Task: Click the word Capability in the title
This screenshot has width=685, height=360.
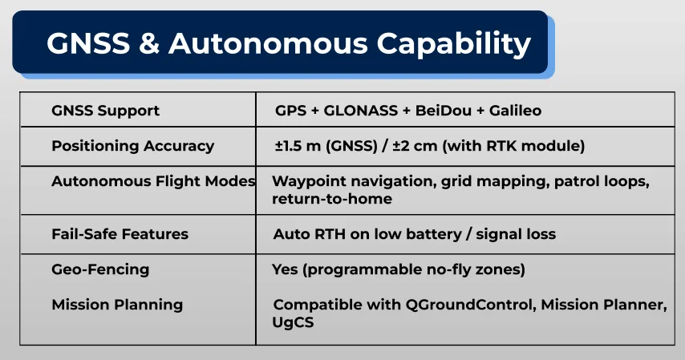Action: pyautogui.click(x=454, y=44)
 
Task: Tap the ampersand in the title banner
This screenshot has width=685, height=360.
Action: pyautogui.click(x=149, y=43)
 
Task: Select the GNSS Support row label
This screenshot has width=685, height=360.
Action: pyautogui.click(x=105, y=111)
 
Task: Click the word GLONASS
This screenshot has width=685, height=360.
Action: pyautogui.click(x=360, y=111)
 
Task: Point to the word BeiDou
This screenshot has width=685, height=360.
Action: pyautogui.click(x=444, y=111)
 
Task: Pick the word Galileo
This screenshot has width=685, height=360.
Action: pyautogui.click(x=515, y=111)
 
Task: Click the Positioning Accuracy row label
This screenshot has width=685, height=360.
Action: pyautogui.click(x=133, y=146)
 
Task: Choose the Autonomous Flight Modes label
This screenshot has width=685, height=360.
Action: pyautogui.click(x=153, y=181)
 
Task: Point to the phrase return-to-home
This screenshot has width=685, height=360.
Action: pyautogui.click(x=332, y=199)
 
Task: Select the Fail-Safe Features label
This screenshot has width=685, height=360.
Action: pyautogui.click(x=120, y=234)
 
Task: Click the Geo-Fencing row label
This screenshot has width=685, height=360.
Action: pyautogui.click(x=100, y=269)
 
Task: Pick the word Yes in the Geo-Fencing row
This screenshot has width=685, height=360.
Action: pyautogui.click(x=285, y=269)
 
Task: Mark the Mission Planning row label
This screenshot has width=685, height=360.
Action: pyautogui.click(x=117, y=305)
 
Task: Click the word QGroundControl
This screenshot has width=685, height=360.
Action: pyautogui.click(x=471, y=305)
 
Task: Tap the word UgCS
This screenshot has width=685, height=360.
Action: pyautogui.click(x=293, y=323)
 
